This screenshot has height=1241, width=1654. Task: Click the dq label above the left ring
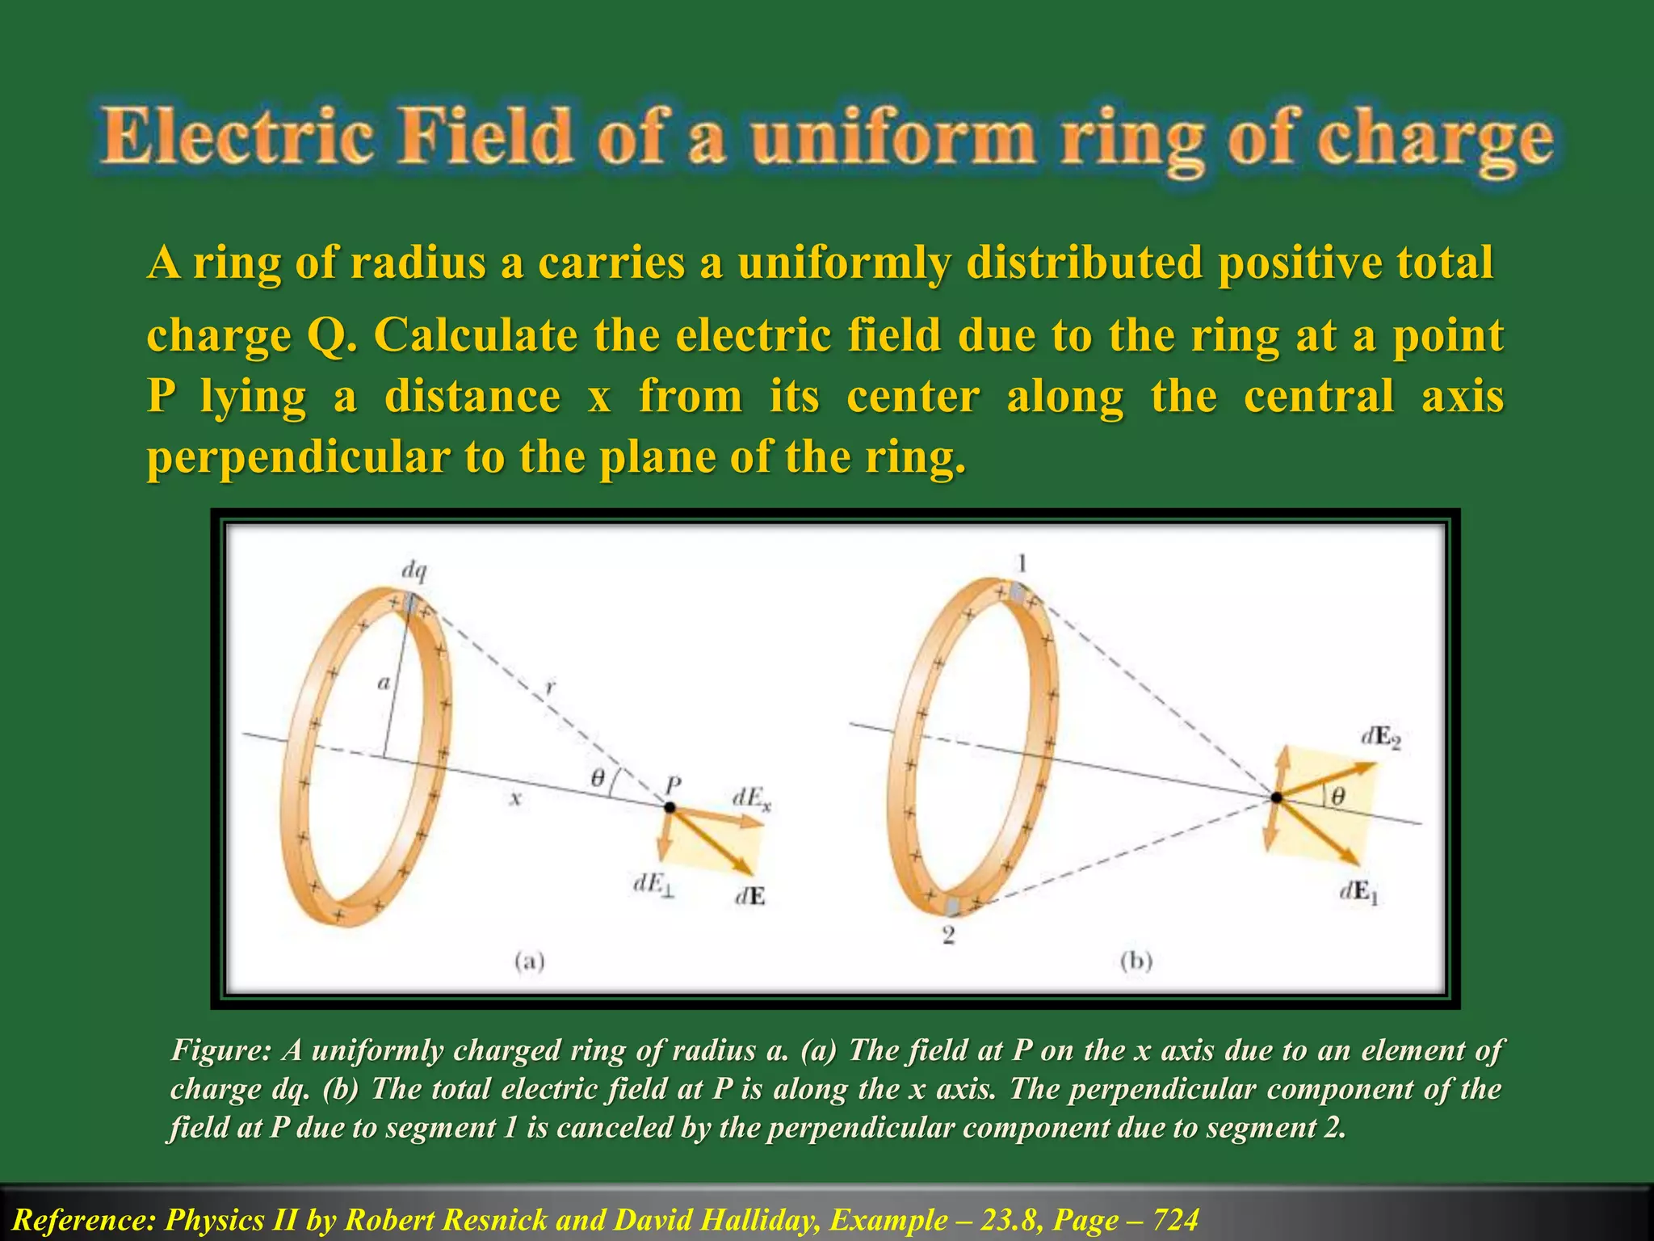click(414, 571)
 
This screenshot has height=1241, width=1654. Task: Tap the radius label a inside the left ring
click(384, 684)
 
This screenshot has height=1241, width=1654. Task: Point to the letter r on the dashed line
click(550, 688)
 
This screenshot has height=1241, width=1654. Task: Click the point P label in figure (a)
click(673, 784)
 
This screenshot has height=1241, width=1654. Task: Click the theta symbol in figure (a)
click(598, 778)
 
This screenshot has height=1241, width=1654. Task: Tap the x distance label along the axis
click(515, 799)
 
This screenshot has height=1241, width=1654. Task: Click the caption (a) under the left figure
click(530, 961)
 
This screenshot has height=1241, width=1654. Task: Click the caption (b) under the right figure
click(1136, 961)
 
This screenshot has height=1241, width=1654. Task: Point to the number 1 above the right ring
click(1022, 563)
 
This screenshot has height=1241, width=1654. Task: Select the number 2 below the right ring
click(949, 936)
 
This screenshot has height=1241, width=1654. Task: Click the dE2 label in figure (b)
click(1380, 738)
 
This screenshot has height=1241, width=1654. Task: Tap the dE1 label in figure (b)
click(1359, 892)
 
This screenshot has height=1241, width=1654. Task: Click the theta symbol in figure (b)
click(1337, 797)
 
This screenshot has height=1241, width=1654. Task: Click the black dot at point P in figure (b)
click(1276, 797)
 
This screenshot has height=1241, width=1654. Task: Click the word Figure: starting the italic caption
click(220, 1050)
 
